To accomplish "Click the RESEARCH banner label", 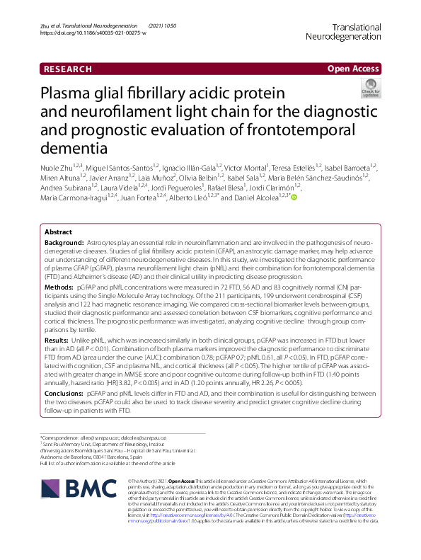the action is click(x=68, y=69).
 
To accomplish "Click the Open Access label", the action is click(x=353, y=69).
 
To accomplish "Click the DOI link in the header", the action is click(x=88, y=33).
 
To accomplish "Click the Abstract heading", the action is click(x=58, y=232).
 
